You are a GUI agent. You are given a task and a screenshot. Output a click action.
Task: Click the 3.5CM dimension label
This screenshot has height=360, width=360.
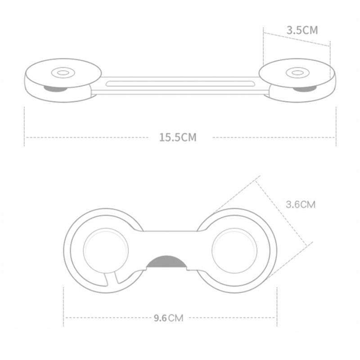(x=302, y=30)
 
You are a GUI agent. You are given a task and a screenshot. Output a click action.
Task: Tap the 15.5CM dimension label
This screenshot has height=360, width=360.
(x=177, y=137)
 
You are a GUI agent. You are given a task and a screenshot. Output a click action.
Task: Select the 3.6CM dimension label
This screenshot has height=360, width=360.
(x=301, y=204)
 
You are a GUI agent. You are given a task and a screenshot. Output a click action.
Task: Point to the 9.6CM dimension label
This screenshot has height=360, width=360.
(x=168, y=318)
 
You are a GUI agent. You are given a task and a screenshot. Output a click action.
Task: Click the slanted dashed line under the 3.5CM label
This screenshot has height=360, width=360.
(x=297, y=39)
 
